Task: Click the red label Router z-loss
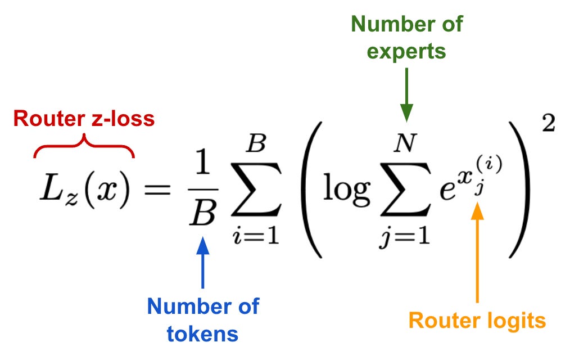tap(84, 119)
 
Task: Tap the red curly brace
tap(84, 147)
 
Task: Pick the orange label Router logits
tap(477, 320)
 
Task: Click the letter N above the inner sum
tap(405, 145)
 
